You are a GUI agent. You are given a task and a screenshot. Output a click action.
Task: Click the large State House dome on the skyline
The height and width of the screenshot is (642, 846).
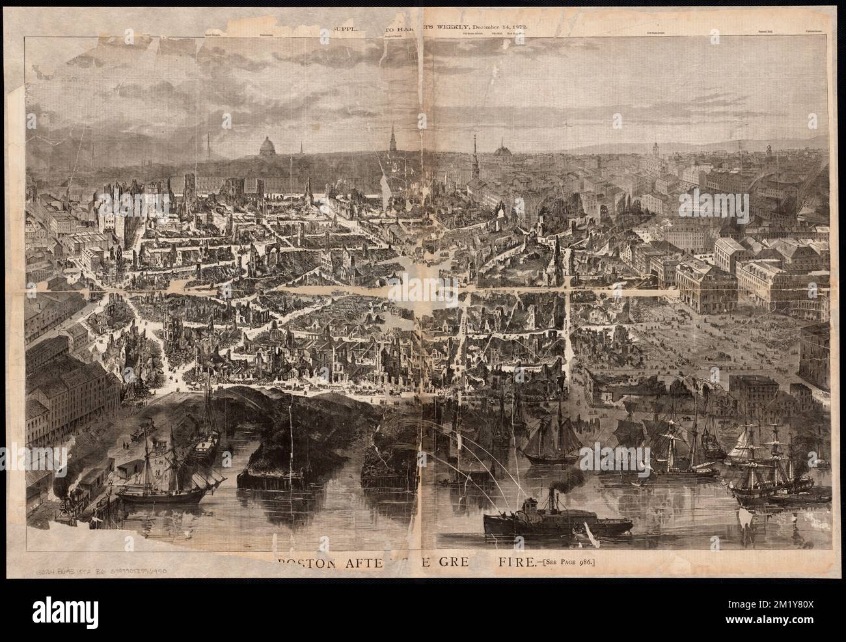click(266, 147)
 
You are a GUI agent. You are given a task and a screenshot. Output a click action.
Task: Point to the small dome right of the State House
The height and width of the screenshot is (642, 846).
click(502, 152)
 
